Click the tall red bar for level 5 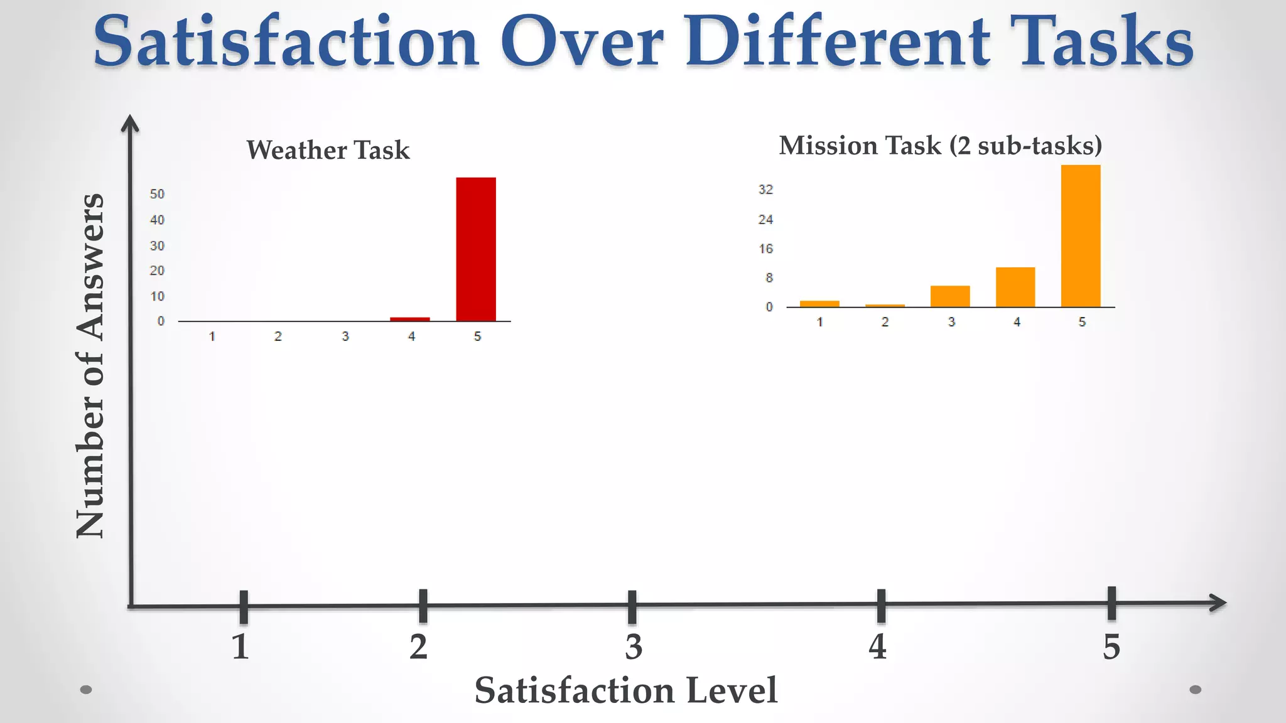coord(476,249)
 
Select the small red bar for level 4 coord(410,319)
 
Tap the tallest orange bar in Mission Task coord(1081,236)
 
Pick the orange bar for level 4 coord(1015,287)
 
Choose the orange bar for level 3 coord(950,296)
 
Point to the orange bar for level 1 coord(819,304)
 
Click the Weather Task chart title coord(328,150)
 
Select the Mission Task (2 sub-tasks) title coord(940,146)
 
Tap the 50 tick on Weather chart coord(157,194)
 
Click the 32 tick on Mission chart coord(765,190)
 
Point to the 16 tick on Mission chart coord(765,249)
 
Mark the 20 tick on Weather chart coord(157,270)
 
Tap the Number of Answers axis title coord(90,365)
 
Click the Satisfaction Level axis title coord(625,690)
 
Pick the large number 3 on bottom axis coord(634,646)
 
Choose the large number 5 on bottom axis coord(1111,646)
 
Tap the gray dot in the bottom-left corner coord(87,690)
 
